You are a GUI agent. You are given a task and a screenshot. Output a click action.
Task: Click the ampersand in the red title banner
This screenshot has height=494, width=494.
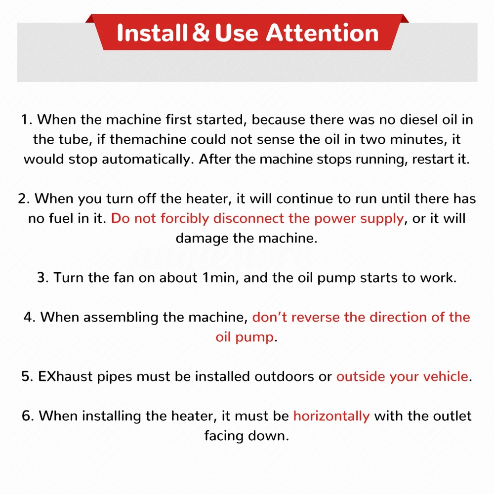pos(201,33)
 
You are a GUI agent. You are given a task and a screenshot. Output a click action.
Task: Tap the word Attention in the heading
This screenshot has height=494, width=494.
pos(322,33)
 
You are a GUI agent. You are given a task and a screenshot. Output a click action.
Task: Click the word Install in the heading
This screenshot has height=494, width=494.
pos(152,33)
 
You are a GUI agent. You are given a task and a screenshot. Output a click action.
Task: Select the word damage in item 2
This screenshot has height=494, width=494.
pos(202,239)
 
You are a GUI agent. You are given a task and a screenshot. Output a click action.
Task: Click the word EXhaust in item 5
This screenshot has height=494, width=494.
pos(65,376)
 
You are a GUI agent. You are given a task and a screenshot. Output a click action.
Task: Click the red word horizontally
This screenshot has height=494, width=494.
pos(331,416)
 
